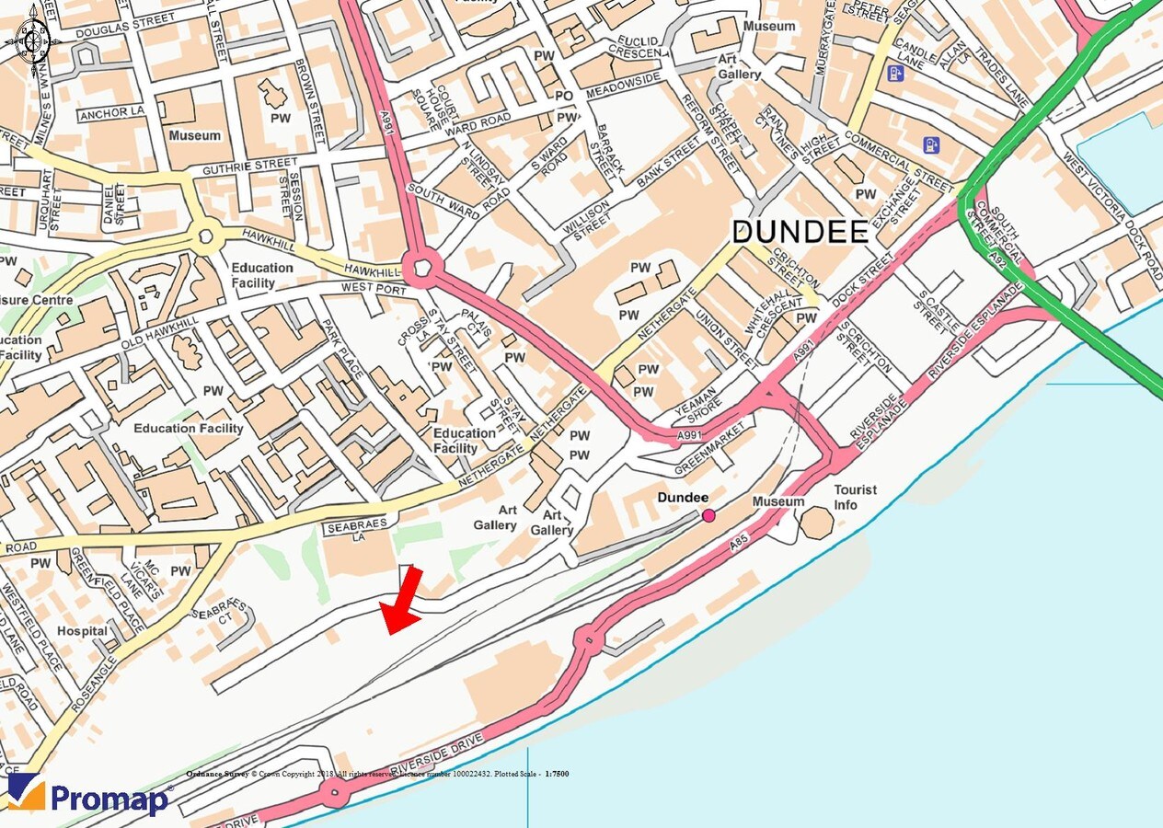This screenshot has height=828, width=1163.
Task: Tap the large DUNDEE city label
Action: click(800, 231)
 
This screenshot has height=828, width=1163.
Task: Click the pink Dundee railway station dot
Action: click(708, 515)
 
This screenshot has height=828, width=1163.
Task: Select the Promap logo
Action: click(89, 796)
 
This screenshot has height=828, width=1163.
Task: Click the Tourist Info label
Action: click(856, 498)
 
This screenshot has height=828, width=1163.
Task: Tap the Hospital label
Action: click(82, 632)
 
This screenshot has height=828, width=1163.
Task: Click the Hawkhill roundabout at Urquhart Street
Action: click(204, 237)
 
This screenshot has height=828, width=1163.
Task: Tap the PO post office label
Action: click(564, 96)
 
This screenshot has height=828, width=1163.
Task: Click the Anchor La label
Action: click(112, 113)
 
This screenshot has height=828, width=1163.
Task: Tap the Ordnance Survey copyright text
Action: click(377, 774)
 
